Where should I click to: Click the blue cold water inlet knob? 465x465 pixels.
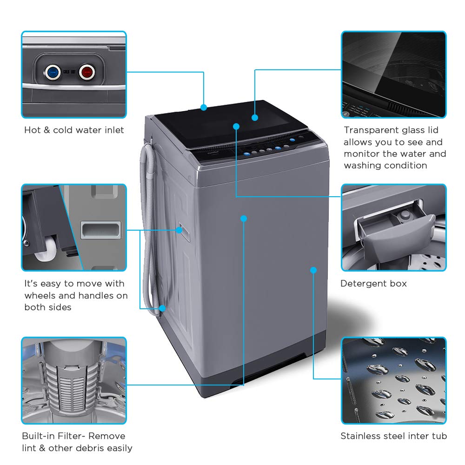(x=52, y=72)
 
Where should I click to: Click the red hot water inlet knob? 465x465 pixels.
(x=86, y=72)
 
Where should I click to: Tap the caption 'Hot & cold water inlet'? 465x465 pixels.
(x=74, y=130)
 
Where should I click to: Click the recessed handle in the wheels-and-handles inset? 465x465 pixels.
(x=100, y=230)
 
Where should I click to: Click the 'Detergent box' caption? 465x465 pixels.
(x=373, y=284)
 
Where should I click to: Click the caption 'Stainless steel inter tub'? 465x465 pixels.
(x=393, y=436)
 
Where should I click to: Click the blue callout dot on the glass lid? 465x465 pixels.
(x=255, y=118)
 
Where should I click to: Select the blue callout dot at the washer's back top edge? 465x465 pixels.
(x=204, y=107)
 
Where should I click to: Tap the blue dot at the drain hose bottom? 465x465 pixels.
(x=162, y=308)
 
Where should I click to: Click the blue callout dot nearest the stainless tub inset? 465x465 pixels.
(x=313, y=270)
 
